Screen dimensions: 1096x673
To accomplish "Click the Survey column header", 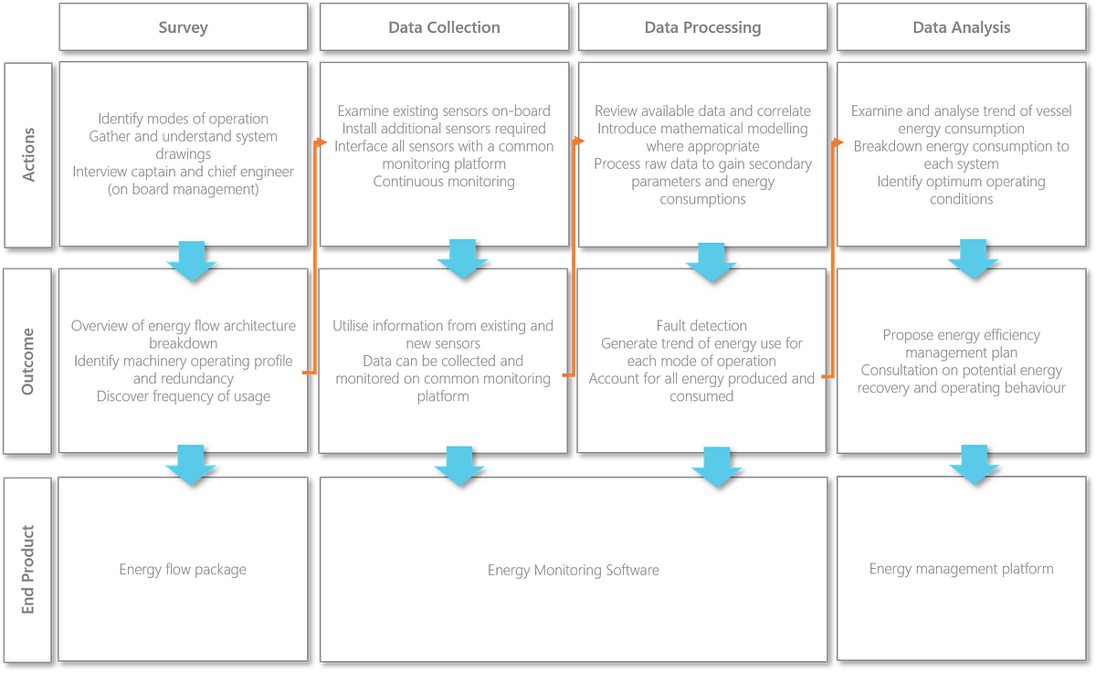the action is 184,27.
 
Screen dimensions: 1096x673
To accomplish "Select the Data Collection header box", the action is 444,27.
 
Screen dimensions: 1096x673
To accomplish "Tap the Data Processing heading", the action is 702,27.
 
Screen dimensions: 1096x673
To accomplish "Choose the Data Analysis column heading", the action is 962,27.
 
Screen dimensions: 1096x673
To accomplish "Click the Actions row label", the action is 28,155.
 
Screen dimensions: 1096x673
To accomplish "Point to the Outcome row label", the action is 27,362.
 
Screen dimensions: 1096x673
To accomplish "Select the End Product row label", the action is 27,570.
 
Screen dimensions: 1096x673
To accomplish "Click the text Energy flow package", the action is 183,570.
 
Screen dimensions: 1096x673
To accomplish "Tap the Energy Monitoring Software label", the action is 574,571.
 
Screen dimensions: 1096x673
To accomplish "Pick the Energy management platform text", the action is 962,569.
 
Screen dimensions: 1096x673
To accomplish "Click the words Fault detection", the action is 701,326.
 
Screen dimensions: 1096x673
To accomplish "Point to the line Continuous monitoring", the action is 444,182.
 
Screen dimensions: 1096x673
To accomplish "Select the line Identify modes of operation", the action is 183,119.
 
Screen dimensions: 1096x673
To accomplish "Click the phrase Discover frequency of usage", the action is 183,396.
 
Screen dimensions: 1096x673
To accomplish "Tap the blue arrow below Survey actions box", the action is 192,261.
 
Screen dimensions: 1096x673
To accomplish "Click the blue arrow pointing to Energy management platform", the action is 975,465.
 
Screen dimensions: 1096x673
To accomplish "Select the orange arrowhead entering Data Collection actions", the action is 321,142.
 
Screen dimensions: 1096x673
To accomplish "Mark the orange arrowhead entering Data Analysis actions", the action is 838,142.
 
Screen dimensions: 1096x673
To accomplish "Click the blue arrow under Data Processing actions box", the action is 711,263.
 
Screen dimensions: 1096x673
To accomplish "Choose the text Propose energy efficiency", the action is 962,335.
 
